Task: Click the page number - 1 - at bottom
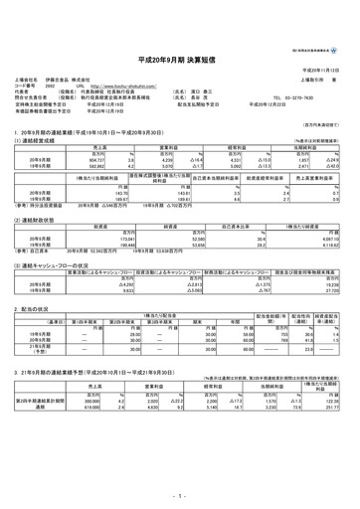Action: coord(179,494)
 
